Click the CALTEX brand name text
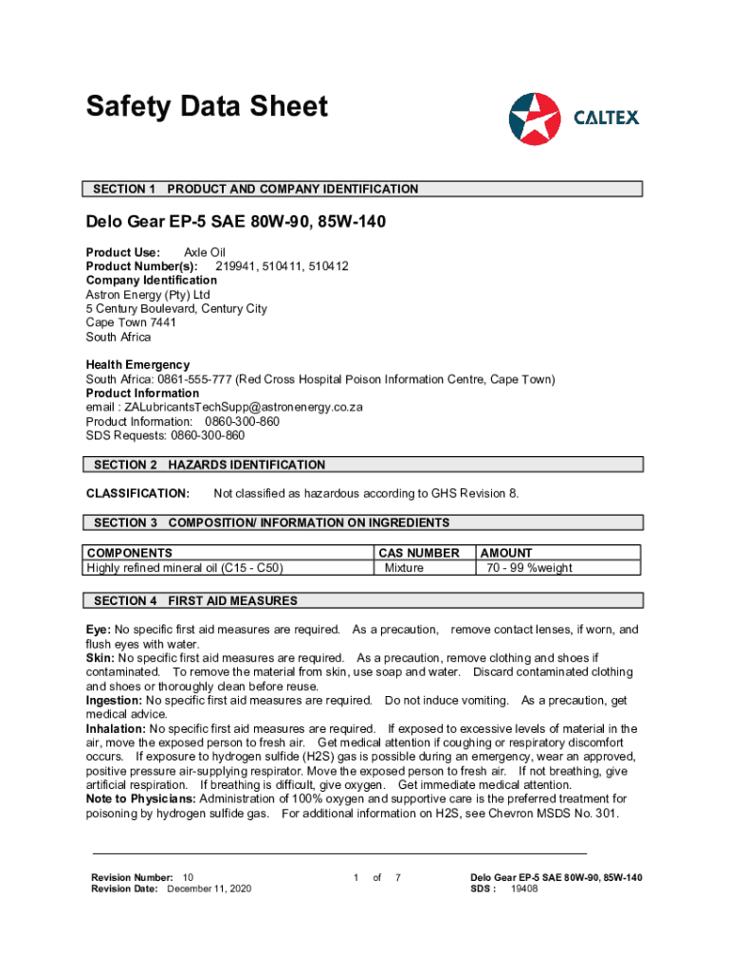click(607, 119)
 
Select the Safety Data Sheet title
click(207, 106)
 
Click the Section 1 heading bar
click(363, 189)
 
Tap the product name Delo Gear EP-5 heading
click(236, 224)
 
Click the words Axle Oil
click(204, 252)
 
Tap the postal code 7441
click(163, 322)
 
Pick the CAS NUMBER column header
click(418, 553)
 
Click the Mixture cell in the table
click(404, 568)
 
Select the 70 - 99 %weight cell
click(529, 568)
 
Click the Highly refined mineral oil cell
click(185, 568)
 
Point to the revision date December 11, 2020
click(210, 889)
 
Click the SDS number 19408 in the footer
click(524, 889)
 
